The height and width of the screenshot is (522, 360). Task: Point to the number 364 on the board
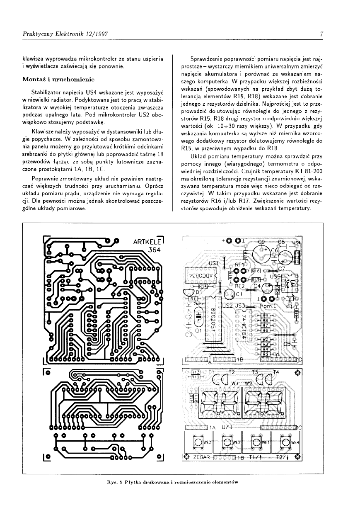154,250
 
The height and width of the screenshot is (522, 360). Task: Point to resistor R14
203,286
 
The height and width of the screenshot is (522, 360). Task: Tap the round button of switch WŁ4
286,443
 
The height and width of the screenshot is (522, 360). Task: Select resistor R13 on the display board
195,371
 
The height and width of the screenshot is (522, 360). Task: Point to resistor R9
265,315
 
